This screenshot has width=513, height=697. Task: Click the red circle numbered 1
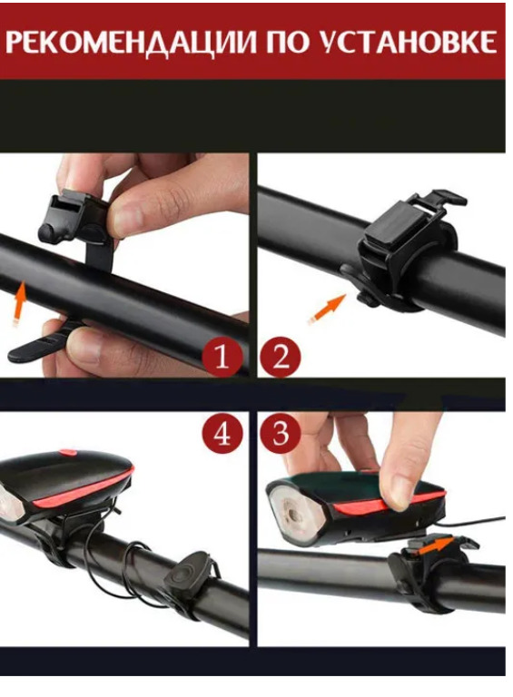pyautogui.click(x=222, y=357)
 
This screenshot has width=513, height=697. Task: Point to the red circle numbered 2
pyautogui.click(x=281, y=357)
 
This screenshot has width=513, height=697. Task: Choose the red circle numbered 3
pyautogui.click(x=281, y=433)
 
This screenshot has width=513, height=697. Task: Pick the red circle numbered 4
pyautogui.click(x=222, y=433)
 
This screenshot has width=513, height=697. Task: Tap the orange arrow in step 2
pyautogui.click(x=327, y=309)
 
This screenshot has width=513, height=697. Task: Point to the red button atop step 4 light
pyautogui.click(x=68, y=453)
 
